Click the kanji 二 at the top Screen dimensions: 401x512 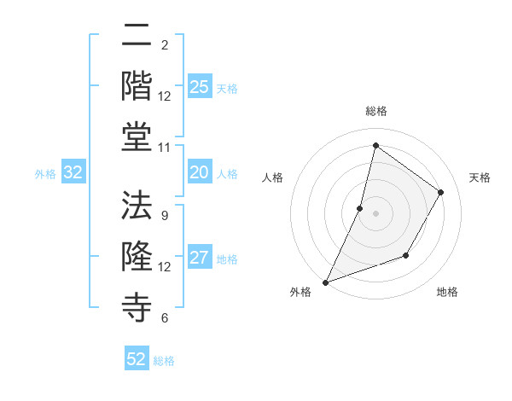(137, 37)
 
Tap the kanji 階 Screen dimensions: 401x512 (137, 86)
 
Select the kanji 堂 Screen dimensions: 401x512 (137, 137)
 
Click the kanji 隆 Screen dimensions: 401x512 (137, 256)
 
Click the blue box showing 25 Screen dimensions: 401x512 (200, 87)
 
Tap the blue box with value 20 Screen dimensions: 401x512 (200, 173)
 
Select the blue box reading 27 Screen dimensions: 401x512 (200, 259)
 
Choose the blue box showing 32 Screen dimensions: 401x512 (73, 173)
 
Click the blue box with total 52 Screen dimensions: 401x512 (137, 359)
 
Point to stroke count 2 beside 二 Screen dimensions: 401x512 (164, 44)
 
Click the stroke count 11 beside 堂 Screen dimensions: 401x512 (165, 146)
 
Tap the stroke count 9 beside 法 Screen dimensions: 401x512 (164, 215)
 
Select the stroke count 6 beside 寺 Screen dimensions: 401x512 (164, 318)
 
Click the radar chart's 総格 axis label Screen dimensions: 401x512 (376, 111)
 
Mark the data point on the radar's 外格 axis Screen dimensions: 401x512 (325, 282)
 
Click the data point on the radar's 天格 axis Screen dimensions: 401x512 (441, 192)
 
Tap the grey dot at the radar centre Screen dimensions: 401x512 (375, 213)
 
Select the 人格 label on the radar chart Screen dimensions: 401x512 (272, 177)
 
